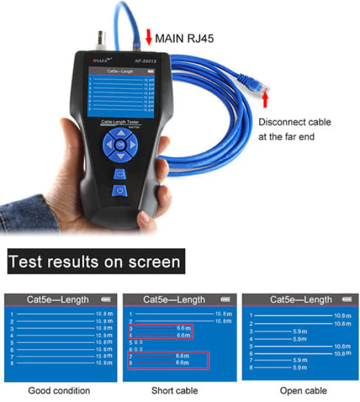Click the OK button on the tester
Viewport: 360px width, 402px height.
pos(121,144)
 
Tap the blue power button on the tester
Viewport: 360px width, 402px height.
pos(120,191)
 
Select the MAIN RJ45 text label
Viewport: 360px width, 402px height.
pos(184,39)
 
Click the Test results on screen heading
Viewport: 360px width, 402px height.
pos(94,262)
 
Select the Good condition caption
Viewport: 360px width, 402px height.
pos(59,391)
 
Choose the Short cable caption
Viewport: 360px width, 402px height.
pos(175,391)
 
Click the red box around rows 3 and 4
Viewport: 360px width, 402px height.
pos(161,332)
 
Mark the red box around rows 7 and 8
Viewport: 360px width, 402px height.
pos(169,360)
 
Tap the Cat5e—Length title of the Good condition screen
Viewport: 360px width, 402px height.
pos(58,299)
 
